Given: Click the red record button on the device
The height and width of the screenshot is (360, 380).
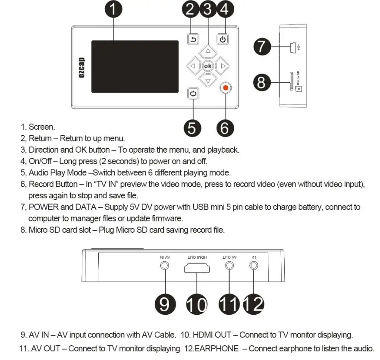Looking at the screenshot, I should tap(225, 88).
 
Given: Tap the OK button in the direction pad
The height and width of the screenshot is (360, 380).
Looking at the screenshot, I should tap(208, 66).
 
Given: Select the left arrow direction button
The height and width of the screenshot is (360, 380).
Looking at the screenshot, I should tap(193, 66).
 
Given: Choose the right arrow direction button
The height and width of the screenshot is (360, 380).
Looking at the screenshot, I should tap(223, 66).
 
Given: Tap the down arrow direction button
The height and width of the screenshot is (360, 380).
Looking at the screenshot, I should tap(208, 81).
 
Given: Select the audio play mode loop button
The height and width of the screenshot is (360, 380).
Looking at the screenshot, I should tap(193, 93).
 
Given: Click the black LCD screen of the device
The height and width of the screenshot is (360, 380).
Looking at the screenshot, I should tap(134, 66).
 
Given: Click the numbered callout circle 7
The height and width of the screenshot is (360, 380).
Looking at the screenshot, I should tap(262, 46).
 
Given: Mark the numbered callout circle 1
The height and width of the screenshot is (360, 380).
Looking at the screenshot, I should tap(114, 9).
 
